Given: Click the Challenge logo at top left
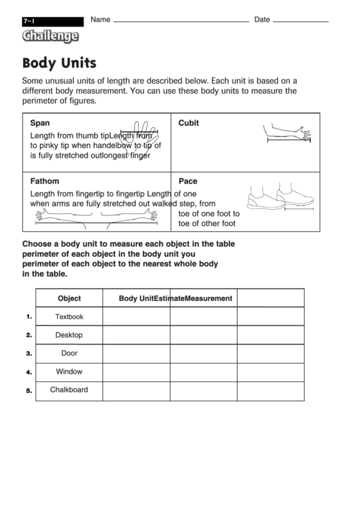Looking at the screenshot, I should pos(50,37).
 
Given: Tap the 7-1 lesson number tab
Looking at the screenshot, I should pos(29,22).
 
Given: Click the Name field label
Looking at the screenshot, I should pos(100,20).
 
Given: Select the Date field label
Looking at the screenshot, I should pos(262,20).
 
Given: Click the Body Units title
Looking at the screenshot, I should pos(59,64).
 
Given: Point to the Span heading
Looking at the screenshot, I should pos(40,123).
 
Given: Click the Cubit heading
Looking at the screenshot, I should pos(188,123).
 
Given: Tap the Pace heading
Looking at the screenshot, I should pos(187,181).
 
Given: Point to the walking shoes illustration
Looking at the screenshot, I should pos(276,198).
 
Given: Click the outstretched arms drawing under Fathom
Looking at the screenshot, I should pos(96,215).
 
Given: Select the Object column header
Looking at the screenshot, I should pos(69,298).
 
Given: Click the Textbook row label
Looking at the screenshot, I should pos(69,317).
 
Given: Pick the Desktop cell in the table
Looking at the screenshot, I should pos(69,335).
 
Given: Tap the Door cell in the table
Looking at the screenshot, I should pos(69,353).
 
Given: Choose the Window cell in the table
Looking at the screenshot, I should pos(69,372).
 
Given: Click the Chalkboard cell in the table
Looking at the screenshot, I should pos(69,390).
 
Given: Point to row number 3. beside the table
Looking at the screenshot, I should pos(29,354).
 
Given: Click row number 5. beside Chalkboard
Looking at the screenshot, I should pos(29,391).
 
